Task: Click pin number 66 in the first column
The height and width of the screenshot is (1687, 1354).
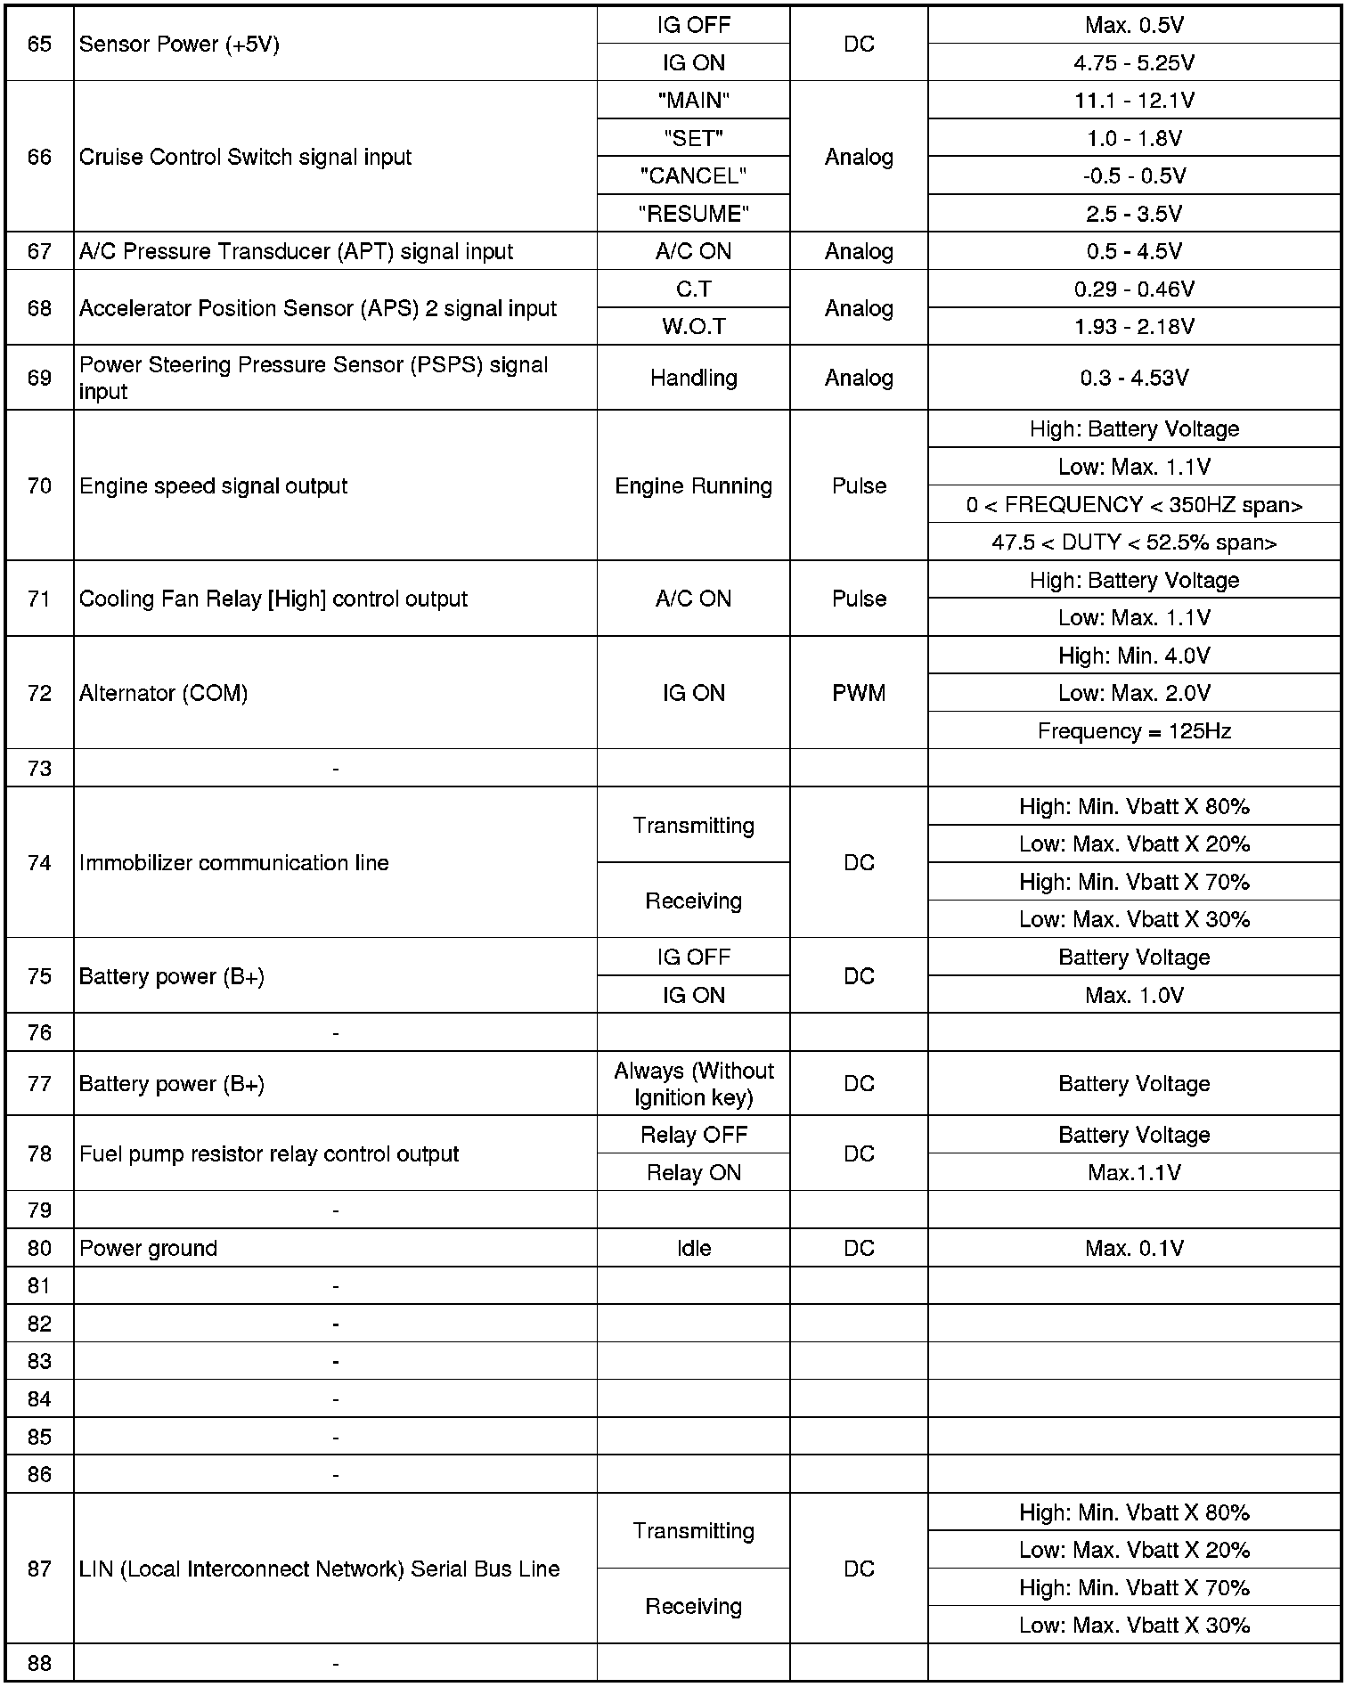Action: coord(39,157)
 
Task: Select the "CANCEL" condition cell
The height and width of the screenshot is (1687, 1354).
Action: coord(693,176)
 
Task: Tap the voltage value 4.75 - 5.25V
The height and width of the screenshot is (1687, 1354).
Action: coord(1133,63)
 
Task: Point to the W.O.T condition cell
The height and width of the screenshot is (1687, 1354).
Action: coord(693,327)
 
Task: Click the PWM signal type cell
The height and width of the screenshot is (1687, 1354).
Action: coord(858,693)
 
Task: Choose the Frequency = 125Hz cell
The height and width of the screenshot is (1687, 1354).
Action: coord(1133,731)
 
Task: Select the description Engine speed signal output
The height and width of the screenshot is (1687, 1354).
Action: coord(213,486)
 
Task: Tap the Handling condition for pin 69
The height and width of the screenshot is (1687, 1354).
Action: coord(693,378)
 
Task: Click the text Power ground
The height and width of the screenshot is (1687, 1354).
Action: coord(148,1248)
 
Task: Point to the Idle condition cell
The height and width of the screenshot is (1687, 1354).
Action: coord(693,1248)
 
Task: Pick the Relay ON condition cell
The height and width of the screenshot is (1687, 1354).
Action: coord(693,1173)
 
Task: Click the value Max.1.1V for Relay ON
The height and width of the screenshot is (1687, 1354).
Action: coord(1133,1173)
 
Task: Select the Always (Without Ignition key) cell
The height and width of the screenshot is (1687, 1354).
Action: coord(693,1084)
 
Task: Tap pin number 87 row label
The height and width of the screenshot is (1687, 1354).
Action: coord(39,1569)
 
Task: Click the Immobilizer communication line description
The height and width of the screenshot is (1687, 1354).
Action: coord(233,863)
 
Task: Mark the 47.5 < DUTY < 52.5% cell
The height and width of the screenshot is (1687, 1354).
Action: coord(1133,542)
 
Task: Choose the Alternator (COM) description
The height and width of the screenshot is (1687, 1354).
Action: coord(163,693)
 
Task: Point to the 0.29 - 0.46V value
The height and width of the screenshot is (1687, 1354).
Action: coord(1133,289)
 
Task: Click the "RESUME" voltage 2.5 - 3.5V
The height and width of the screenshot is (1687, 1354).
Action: coord(1133,215)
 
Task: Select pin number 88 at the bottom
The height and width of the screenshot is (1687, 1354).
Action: coord(39,1663)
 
